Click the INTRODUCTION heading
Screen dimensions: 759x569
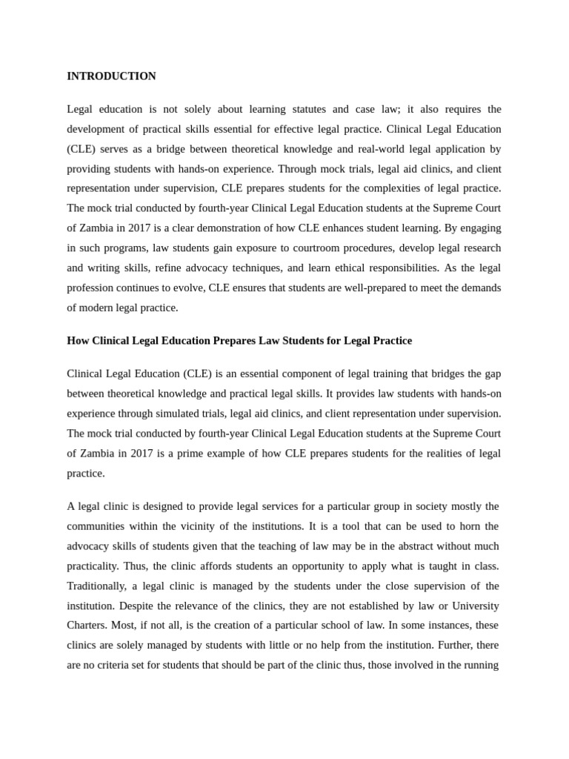pos(111,76)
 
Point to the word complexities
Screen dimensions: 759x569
pos(389,188)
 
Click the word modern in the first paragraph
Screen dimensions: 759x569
pos(97,308)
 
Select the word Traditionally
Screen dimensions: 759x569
pos(96,586)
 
